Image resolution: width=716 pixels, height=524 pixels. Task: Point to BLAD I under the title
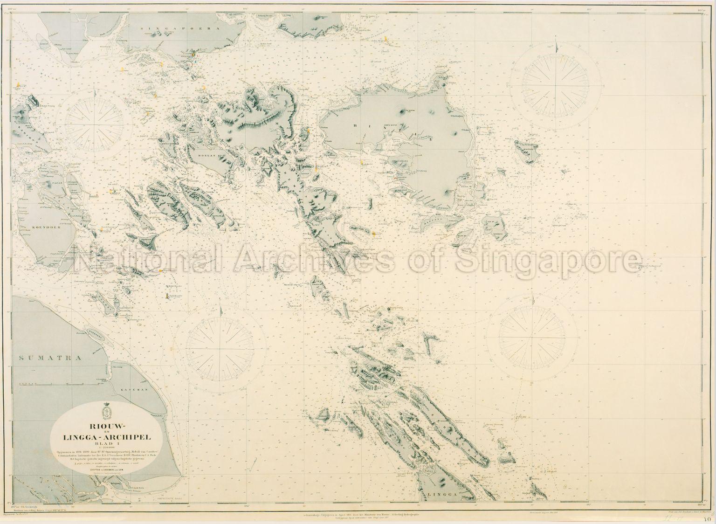[105, 445]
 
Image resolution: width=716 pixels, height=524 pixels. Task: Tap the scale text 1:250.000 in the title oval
[105, 450]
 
